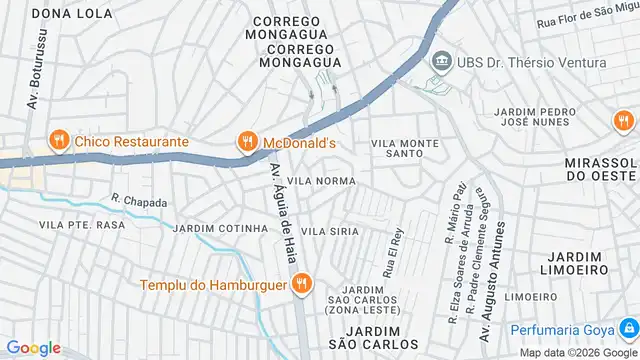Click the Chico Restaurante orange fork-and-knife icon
pos(59,141)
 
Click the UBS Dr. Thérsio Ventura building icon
pos(440,62)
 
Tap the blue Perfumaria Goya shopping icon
pos(627,329)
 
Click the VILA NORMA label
pos(321,181)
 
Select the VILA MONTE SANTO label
pos(405,149)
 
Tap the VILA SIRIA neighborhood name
pos(330,231)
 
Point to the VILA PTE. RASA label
pos(82,225)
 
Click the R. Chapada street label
pos(139,200)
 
